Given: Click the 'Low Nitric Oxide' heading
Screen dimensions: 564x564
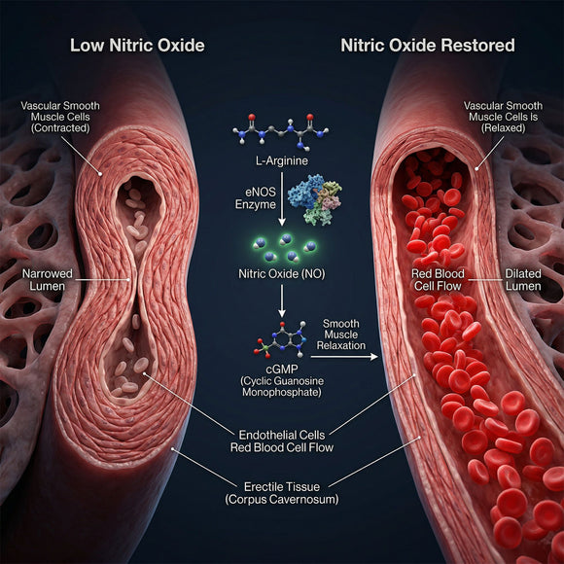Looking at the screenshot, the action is [x=137, y=46].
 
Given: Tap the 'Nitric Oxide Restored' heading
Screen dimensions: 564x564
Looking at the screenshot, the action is [x=428, y=46].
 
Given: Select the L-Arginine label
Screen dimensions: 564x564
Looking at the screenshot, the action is [x=282, y=160].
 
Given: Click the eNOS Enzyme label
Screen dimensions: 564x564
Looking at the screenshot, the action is [x=256, y=198].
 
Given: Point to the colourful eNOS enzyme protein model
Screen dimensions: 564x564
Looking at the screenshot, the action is [x=314, y=199].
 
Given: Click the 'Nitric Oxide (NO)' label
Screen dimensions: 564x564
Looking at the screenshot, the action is [x=282, y=274].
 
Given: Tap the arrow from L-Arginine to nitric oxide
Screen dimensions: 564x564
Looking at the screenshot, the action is [x=282, y=199].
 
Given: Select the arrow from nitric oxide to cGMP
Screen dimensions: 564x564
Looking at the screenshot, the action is [x=282, y=301].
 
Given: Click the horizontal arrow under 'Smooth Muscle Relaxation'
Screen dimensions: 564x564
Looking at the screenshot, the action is [x=344, y=357].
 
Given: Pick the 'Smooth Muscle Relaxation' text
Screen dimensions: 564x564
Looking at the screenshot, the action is [x=340, y=335].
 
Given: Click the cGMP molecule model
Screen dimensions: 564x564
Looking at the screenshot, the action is [x=281, y=340].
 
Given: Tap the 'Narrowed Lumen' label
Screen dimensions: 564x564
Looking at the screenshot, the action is [x=48, y=280].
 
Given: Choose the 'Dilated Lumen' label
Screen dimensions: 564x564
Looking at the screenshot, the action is [x=523, y=280].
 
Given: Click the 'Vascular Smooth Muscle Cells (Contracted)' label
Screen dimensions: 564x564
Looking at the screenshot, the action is [x=60, y=117].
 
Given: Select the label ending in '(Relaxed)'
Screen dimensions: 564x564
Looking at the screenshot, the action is [x=503, y=117].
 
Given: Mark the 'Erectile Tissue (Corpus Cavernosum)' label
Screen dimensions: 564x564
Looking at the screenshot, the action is [x=282, y=493].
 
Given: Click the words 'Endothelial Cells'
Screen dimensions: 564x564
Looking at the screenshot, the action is [x=282, y=436].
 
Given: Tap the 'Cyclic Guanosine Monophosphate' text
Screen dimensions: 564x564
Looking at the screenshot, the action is [x=282, y=386].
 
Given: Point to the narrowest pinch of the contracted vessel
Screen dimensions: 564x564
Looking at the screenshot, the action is [x=135, y=280].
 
